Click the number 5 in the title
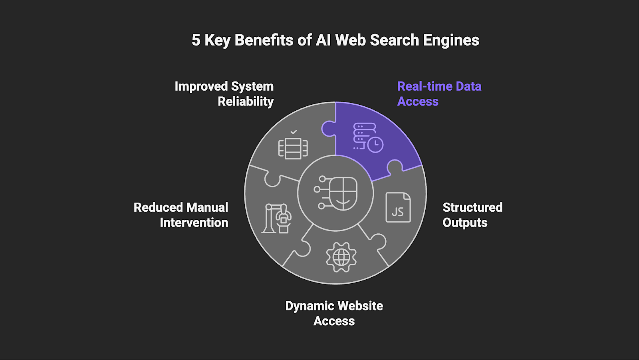[x=196, y=40]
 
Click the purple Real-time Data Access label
[x=439, y=94]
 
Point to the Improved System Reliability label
[x=224, y=94]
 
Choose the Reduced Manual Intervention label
[x=181, y=215]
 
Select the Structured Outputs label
[x=472, y=215]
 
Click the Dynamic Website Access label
[x=334, y=313]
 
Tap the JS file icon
[x=398, y=207]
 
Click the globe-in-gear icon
[x=341, y=257]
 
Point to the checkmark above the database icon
[x=294, y=132]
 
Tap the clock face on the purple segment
[x=375, y=144]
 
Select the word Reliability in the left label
[x=246, y=101]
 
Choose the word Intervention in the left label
[x=194, y=223]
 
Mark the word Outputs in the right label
[x=465, y=223]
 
